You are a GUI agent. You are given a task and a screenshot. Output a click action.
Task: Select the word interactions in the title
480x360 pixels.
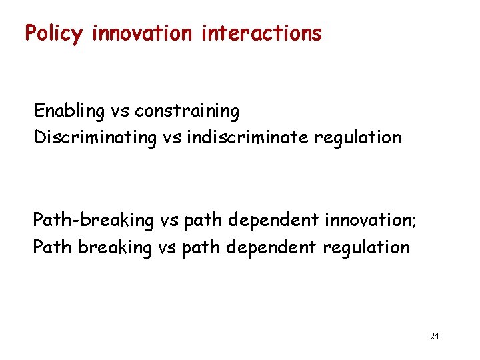(x=261, y=33)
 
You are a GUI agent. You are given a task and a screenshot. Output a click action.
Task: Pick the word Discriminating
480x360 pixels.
(x=93, y=138)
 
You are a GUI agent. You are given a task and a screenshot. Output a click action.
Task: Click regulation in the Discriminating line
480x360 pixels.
(x=365, y=137)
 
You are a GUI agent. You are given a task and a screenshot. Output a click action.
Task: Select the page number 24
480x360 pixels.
(x=434, y=336)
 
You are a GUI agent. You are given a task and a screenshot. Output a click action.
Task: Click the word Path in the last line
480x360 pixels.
(x=53, y=247)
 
